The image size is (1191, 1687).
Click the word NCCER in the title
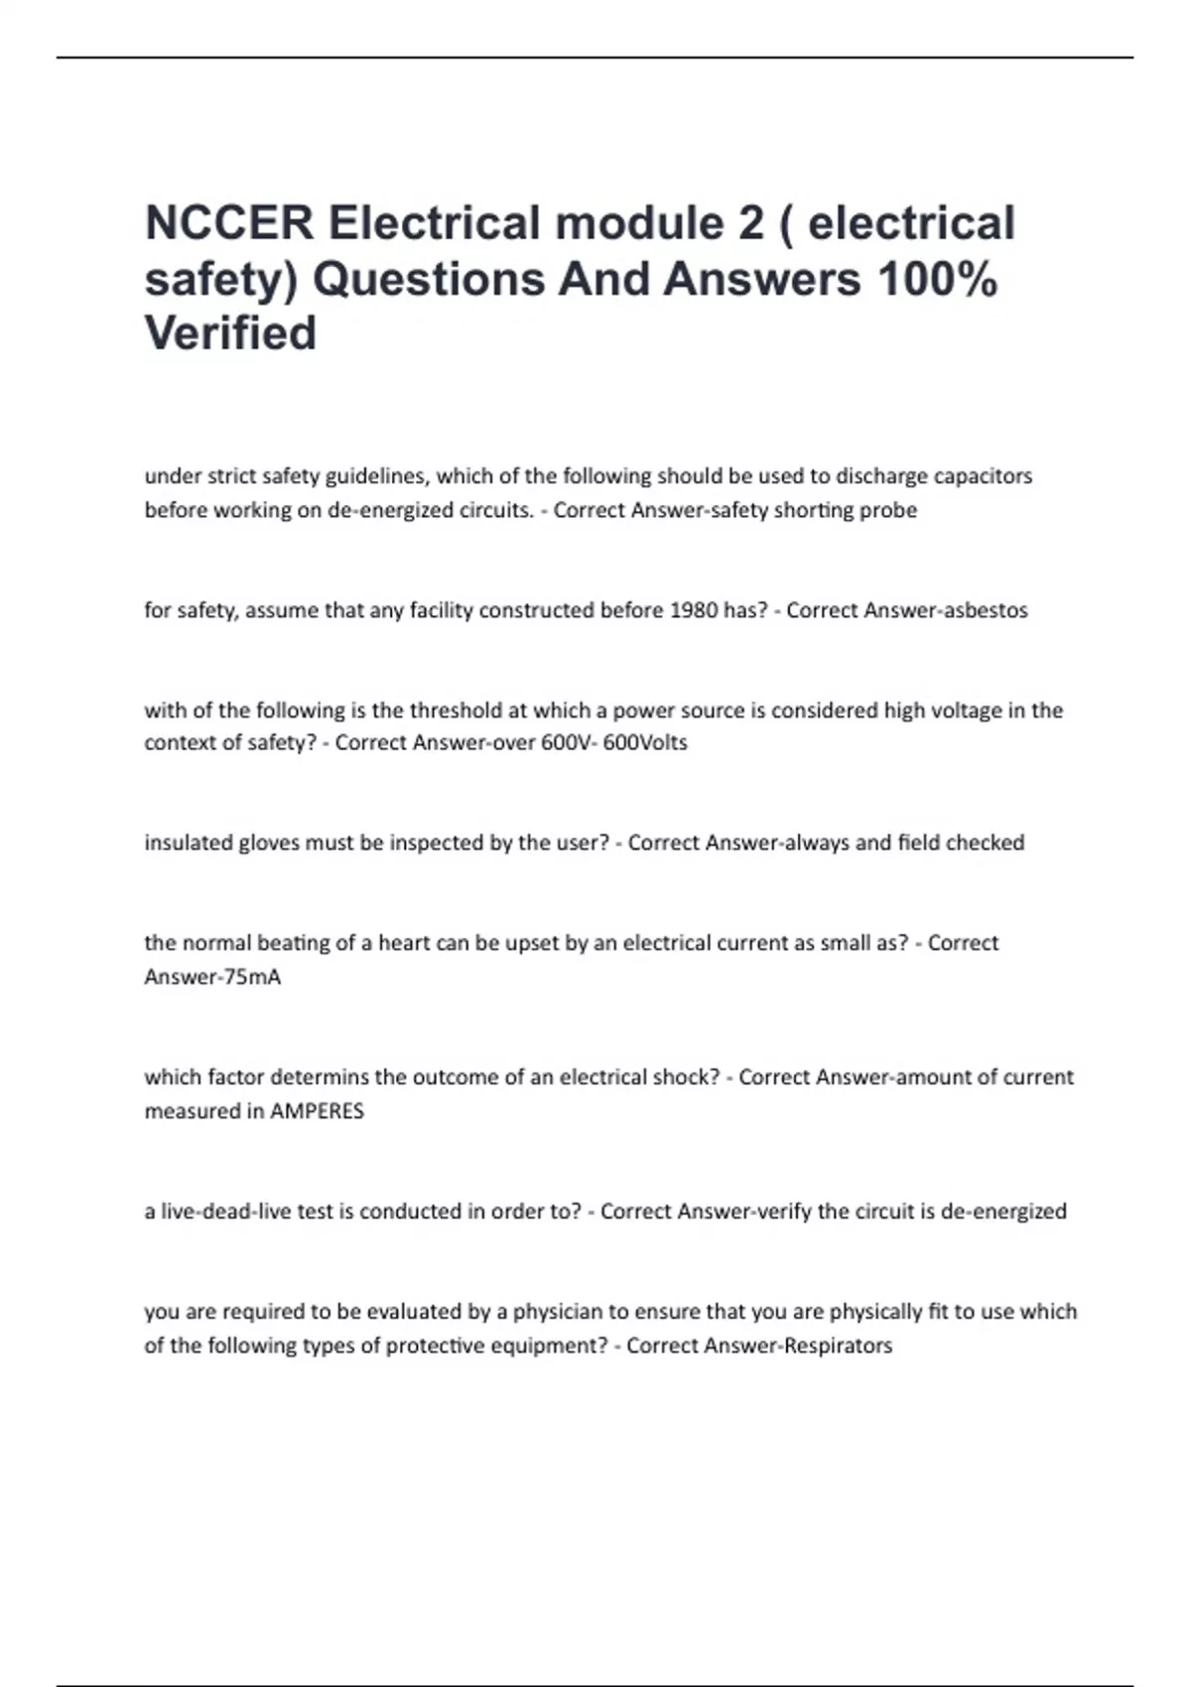coord(229,223)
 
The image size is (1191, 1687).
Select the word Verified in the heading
coord(230,333)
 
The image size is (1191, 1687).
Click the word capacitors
coord(983,476)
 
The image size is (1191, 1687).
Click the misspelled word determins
coord(320,1077)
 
